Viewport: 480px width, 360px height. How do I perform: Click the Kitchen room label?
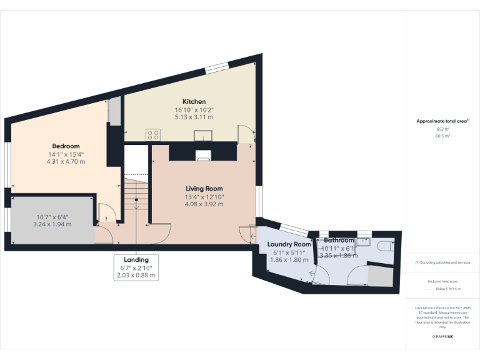coord(194,102)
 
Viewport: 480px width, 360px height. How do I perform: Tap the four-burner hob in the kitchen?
coord(153,134)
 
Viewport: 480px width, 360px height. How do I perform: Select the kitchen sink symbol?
coord(204,136)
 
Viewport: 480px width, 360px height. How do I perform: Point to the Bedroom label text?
coord(65,146)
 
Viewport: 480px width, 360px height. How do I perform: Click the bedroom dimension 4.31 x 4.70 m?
coord(65,161)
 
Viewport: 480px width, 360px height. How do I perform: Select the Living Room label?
coord(204,189)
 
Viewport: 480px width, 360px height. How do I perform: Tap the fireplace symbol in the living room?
coord(203,156)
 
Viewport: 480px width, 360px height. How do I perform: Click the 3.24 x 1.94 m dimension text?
coord(52,224)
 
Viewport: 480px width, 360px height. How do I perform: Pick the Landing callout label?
coord(136,260)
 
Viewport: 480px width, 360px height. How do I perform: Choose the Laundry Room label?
coord(289,244)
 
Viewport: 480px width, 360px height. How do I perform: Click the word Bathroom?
coord(339,241)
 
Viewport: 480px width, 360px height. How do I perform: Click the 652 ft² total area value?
coord(442,129)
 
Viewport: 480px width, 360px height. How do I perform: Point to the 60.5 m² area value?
coord(442,136)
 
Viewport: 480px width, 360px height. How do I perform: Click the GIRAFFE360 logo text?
coord(442,337)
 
